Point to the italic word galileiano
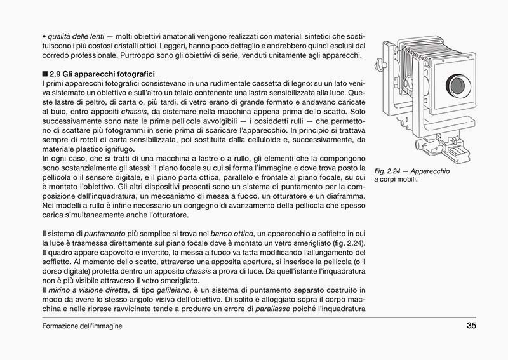(175, 290)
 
